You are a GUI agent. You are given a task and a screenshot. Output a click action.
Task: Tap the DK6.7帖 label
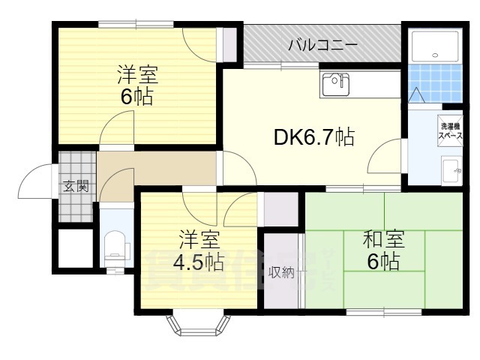tap(313, 137)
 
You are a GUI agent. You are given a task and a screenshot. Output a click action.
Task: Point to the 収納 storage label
tap(282, 272)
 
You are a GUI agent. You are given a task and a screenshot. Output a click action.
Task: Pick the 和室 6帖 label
tap(383, 250)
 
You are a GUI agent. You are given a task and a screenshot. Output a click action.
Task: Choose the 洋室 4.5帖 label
tap(199, 253)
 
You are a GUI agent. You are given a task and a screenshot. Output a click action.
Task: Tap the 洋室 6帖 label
tap(136, 86)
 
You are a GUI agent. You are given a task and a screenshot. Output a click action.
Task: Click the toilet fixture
tap(115, 244)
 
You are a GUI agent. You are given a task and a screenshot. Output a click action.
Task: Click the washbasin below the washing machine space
tap(451, 170)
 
